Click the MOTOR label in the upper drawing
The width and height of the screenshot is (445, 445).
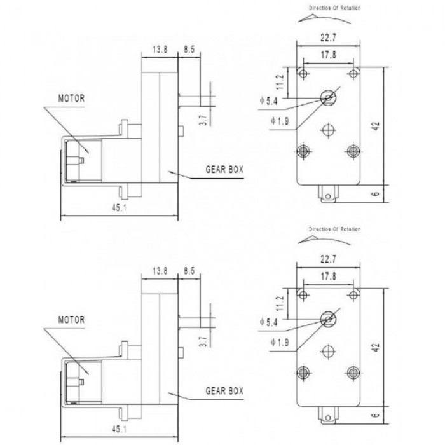(71, 99)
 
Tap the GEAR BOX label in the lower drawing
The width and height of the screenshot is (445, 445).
(224, 391)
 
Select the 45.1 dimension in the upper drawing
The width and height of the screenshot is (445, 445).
(119, 208)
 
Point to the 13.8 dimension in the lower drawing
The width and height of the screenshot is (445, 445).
(160, 271)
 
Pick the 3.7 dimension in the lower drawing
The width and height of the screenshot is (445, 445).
(204, 342)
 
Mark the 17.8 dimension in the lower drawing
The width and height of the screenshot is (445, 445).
(329, 276)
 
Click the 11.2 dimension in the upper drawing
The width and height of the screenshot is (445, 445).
(280, 82)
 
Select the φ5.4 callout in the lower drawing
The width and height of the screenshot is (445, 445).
(268, 322)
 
